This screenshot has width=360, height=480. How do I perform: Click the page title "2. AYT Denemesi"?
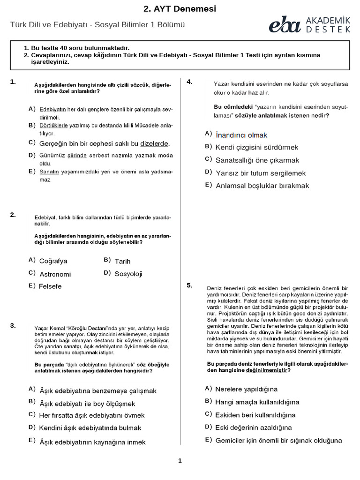(x=180, y=9)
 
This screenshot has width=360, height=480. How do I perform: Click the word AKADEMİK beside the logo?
(x=328, y=20)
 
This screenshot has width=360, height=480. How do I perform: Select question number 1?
(x=13, y=82)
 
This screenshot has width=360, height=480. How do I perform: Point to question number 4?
(x=189, y=82)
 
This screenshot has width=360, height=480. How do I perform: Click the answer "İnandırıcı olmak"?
(x=241, y=135)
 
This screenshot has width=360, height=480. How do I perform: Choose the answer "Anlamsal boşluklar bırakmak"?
(x=262, y=186)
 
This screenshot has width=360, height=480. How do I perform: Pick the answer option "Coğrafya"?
(x=53, y=261)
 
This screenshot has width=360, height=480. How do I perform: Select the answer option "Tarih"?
(x=122, y=261)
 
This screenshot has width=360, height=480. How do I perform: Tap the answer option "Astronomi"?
(x=55, y=274)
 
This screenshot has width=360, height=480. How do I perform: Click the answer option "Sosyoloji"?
(x=128, y=274)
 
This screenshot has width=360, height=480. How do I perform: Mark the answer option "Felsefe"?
(x=50, y=286)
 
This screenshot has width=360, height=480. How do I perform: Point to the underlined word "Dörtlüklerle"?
(x=54, y=126)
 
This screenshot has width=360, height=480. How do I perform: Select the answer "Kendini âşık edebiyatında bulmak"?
(x=90, y=428)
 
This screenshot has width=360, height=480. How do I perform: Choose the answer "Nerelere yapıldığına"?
(x=246, y=389)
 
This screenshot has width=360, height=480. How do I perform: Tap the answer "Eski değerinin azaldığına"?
(x=253, y=427)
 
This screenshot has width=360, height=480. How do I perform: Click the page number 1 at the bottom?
(x=180, y=461)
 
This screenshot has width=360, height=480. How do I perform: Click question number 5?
(x=189, y=285)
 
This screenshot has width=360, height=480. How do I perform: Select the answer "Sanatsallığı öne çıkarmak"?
(x=257, y=160)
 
